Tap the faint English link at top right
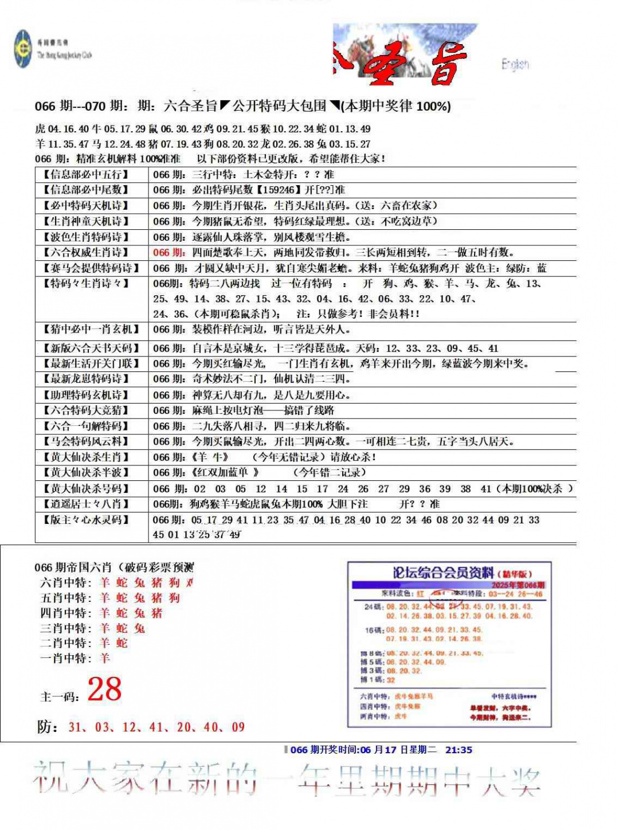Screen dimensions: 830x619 click(515, 64)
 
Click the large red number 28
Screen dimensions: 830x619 click(104, 690)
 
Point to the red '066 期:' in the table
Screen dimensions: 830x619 click(169, 252)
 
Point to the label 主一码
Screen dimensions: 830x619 click(60, 697)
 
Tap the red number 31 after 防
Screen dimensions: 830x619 click(75, 727)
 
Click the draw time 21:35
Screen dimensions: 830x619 click(459, 750)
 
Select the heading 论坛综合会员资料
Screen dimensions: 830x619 click(442, 573)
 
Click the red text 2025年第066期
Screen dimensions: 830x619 click(518, 585)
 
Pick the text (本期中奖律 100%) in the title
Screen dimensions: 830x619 click(396, 106)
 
